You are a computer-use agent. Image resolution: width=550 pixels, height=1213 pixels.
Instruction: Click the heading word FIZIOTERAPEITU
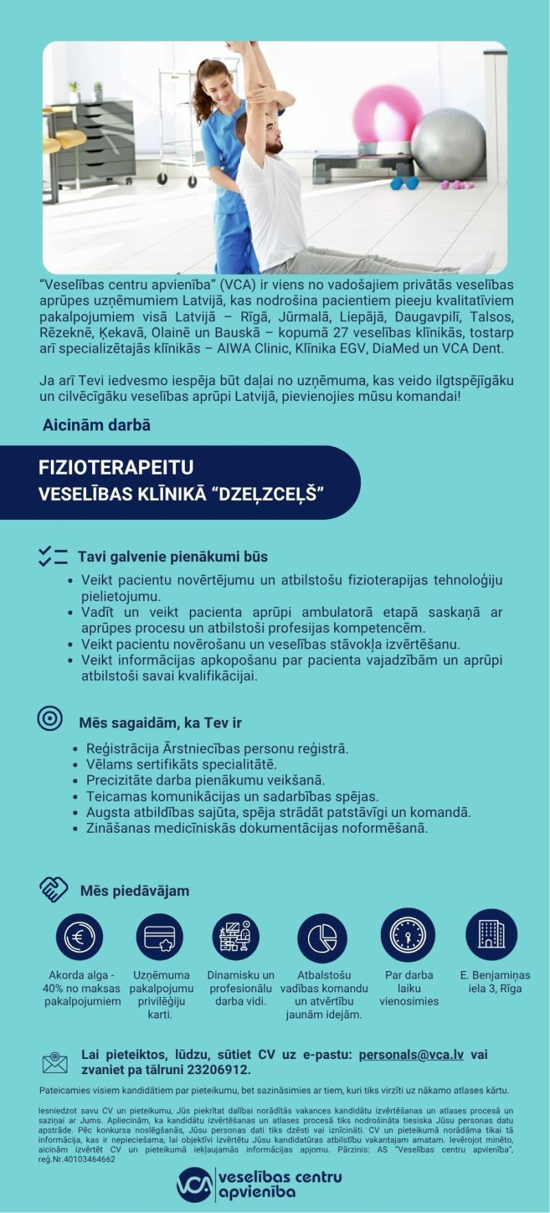[x=116, y=468]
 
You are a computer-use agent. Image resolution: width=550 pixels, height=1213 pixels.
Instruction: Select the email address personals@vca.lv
[x=411, y=1055]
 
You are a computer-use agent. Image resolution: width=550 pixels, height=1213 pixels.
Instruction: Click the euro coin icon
[x=80, y=936]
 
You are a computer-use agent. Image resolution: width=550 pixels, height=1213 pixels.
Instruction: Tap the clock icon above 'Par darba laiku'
[x=408, y=935]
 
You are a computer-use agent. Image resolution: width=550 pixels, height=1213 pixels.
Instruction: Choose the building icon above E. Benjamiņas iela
[x=492, y=935]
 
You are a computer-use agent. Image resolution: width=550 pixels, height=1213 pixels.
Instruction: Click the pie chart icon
[x=322, y=937]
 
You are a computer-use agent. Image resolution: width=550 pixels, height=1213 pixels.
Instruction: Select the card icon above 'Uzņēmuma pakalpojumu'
[x=160, y=937]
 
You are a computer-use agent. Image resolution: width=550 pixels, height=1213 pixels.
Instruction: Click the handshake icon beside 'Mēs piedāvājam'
[x=54, y=890]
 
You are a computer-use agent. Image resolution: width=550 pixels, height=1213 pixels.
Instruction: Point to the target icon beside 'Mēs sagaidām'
[x=50, y=719]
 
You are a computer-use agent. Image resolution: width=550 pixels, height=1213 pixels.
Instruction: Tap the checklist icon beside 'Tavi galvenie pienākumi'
[x=53, y=556]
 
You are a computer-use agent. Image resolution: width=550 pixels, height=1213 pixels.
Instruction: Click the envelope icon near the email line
[x=55, y=1062]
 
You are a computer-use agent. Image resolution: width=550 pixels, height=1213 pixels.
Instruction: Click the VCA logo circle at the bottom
[x=194, y=1184]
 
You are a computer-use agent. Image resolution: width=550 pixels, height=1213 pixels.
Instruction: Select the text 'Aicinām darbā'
[x=96, y=425]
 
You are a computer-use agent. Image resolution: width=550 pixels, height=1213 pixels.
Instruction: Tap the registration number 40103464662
[x=87, y=1159]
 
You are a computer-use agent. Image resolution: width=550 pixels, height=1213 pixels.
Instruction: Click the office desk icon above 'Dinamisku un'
[x=235, y=936]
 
